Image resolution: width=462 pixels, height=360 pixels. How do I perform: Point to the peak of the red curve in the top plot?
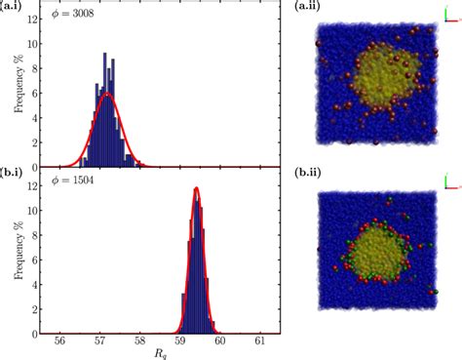click(108, 94)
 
